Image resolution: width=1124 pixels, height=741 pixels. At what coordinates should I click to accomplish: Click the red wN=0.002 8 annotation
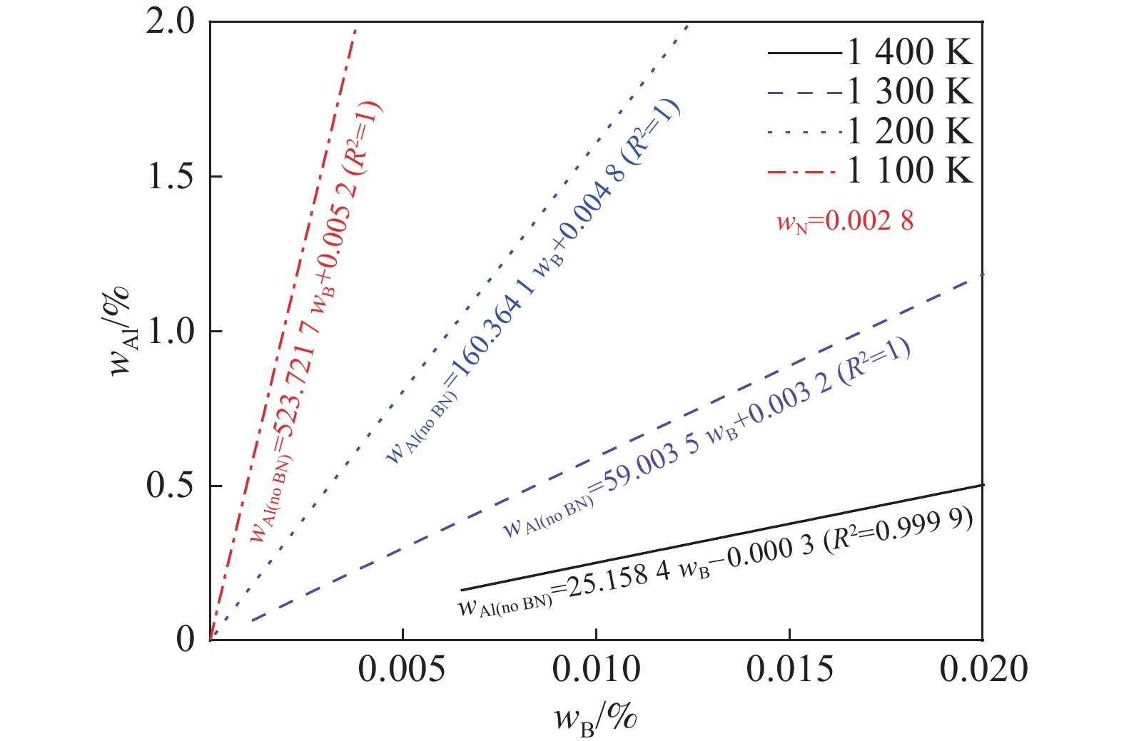845,222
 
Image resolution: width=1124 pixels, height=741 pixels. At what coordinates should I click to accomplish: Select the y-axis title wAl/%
121,331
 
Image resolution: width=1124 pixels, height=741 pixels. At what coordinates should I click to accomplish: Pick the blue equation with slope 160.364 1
532,281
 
